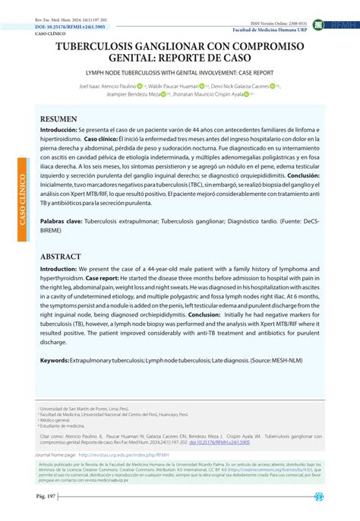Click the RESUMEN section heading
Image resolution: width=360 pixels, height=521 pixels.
(58, 119)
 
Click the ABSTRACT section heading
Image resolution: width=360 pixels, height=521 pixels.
(62, 257)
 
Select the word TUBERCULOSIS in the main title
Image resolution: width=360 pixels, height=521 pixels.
(107, 47)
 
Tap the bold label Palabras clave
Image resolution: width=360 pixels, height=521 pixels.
(62, 224)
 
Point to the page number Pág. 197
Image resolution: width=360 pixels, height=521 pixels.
(35, 497)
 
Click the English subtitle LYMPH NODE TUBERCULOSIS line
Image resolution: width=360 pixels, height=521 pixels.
(180, 74)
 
